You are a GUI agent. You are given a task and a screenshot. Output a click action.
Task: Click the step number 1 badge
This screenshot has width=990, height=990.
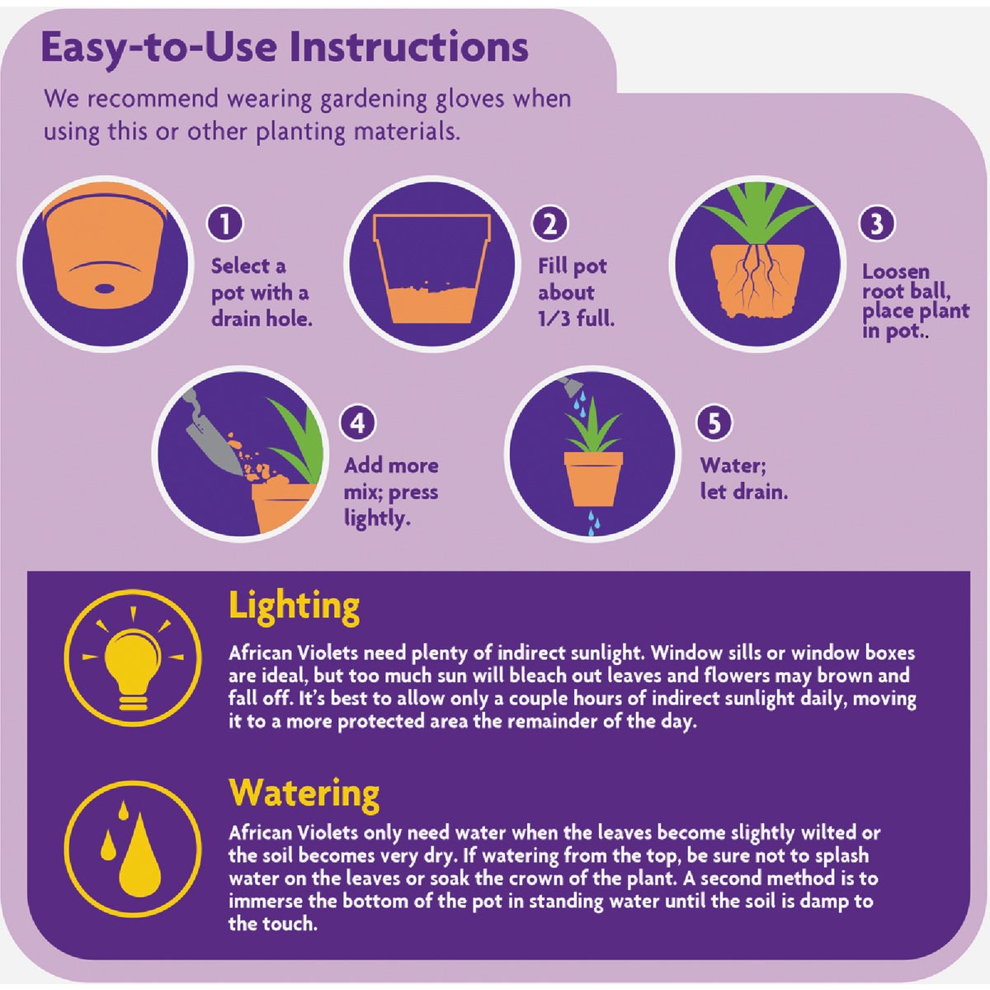click(225, 223)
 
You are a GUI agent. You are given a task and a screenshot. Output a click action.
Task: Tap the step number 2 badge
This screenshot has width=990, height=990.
click(550, 223)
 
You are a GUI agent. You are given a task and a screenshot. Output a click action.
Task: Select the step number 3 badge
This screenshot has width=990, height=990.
click(876, 223)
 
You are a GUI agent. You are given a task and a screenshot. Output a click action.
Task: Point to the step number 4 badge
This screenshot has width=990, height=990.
click(357, 423)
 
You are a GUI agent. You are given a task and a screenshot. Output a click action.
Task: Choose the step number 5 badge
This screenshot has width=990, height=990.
click(714, 423)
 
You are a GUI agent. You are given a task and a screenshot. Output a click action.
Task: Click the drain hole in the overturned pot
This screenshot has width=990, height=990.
click(106, 288)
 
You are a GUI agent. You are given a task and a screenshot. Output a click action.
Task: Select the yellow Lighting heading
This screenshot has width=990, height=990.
click(294, 607)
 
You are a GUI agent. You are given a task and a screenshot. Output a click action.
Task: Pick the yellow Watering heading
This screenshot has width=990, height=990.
click(304, 794)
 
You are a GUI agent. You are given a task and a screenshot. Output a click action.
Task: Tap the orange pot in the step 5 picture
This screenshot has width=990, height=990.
click(593, 478)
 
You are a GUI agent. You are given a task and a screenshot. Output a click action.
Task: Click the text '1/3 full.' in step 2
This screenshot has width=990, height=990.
click(576, 319)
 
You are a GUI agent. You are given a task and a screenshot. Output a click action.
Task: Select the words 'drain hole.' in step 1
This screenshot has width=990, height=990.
click(262, 319)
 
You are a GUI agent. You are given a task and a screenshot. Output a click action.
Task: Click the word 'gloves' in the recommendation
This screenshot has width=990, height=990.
click(469, 100)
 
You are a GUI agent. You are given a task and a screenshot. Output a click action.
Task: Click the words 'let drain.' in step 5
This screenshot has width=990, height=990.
click(743, 493)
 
